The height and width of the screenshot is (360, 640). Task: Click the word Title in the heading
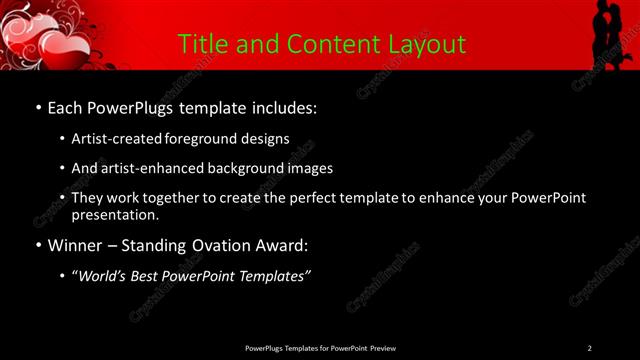[200, 44]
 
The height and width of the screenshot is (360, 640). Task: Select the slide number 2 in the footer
[589, 348]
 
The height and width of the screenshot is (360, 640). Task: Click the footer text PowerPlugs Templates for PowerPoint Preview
[320, 348]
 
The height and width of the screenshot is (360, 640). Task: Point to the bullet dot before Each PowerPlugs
[38, 107]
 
